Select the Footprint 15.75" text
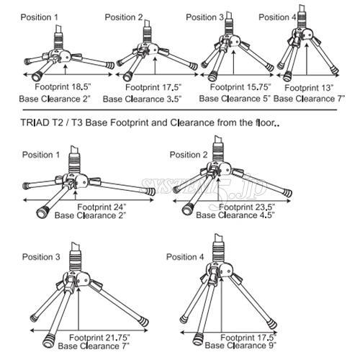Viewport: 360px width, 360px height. point(232,86)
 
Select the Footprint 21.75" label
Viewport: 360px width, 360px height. point(102,336)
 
